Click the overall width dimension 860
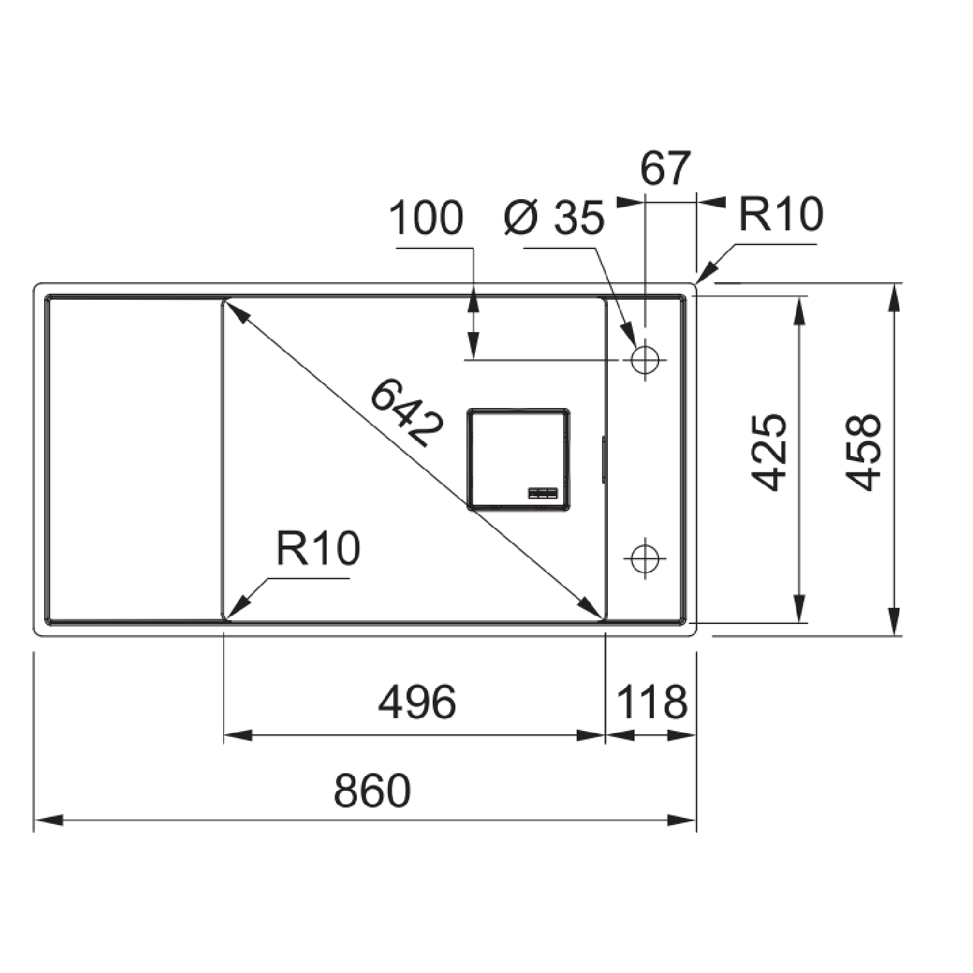372,790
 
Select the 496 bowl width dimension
417,703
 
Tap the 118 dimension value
651,703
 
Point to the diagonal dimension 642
407,413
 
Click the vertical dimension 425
769,452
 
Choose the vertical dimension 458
864,452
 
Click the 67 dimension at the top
666,169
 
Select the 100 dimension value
426,218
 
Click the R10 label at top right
781,214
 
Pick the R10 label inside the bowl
318,548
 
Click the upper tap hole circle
645,359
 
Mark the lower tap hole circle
645,557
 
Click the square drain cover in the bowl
518,459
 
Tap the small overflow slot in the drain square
543,493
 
